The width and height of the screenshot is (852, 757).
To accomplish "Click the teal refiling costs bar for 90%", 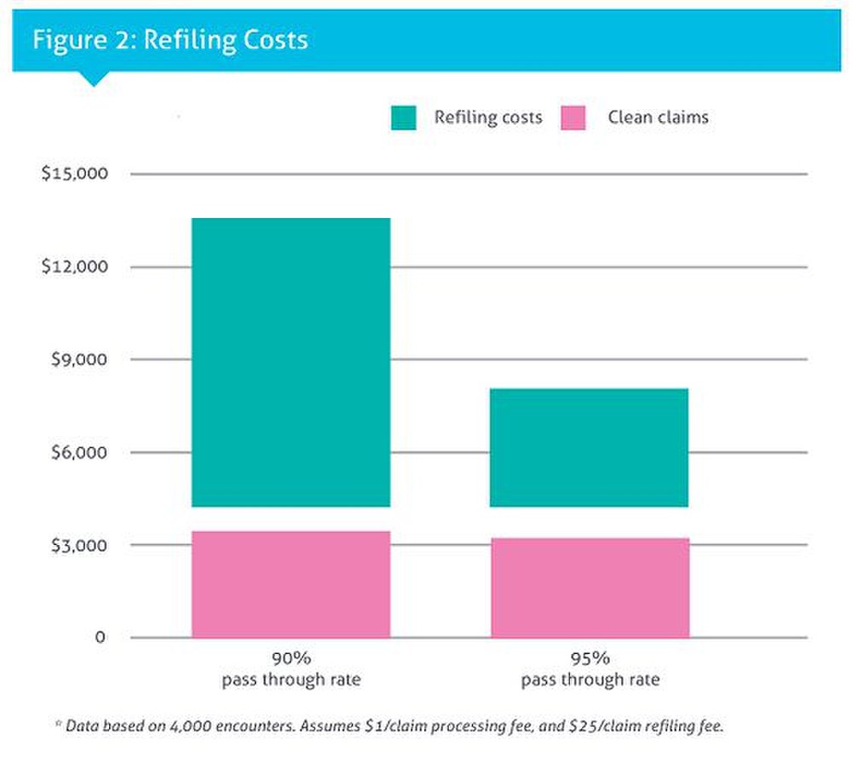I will (291, 362).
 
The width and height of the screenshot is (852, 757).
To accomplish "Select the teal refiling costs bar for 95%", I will (590, 447).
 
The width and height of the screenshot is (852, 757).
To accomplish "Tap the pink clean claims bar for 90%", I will (291, 584).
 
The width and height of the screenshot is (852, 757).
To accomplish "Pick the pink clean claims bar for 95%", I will (590, 588).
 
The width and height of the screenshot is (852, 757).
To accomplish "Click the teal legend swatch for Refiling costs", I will (404, 118).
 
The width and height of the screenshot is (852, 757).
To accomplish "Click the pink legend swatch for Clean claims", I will (573, 118).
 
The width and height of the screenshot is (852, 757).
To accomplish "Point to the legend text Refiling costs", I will (487, 118).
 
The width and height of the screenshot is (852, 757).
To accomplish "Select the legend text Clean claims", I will (658, 118).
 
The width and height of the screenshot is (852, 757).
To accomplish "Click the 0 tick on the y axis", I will (100, 638).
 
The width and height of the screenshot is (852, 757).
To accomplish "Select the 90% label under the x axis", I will (291, 658).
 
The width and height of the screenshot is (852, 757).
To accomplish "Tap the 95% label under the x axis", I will (590, 658).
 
